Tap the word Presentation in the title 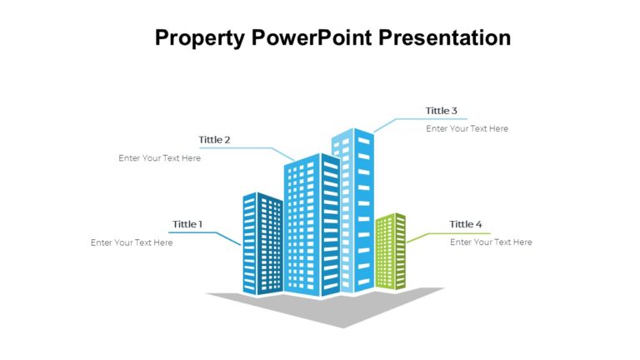(446, 38)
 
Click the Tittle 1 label (187, 224)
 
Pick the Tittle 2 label (214, 139)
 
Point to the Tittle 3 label (442, 111)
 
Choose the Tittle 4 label (466, 224)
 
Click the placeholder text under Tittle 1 (132, 242)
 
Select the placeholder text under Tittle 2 (159, 158)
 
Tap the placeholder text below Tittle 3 (467, 129)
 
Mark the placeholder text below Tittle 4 (491, 242)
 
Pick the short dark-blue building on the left (262, 244)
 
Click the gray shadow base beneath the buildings (342, 308)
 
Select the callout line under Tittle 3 (417, 119)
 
